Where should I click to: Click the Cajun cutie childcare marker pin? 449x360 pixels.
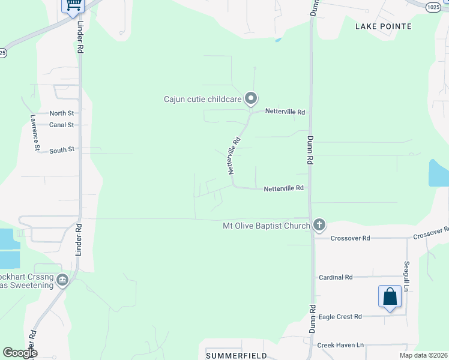click(x=252, y=98)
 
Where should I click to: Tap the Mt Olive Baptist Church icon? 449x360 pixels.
click(x=319, y=226)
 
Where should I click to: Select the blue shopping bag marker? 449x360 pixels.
click(x=390, y=297)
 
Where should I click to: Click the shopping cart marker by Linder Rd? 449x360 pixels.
click(x=73, y=5)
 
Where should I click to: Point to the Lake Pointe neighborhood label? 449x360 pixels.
click(x=384, y=26)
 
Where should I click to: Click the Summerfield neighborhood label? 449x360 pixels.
click(x=237, y=356)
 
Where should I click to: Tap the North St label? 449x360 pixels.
click(x=62, y=113)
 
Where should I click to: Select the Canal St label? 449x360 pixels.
click(x=62, y=125)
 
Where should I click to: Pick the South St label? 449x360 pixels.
click(x=62, y=149)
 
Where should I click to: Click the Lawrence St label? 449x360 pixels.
click(x=36, y=134)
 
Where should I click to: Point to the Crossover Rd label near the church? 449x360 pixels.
click(x=350, y=238)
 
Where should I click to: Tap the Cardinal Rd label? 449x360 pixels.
click(x=336, y=277)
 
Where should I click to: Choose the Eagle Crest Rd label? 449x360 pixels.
click(x=340, y=316)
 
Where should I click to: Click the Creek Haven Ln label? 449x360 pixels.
click(x=340, y=345)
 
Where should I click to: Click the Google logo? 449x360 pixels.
click(x=20, y=353)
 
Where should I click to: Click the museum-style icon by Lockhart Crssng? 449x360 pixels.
click(x=62, y=280)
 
